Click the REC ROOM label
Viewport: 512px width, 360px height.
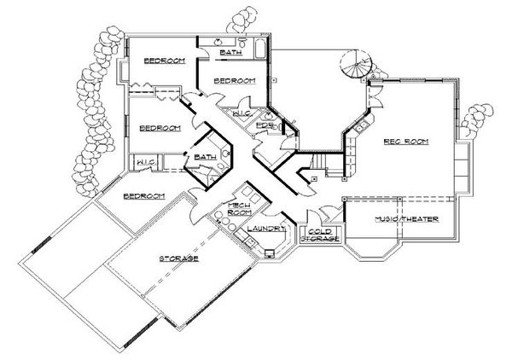tap(405, 141)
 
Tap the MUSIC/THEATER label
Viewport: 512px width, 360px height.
tap(407, 219)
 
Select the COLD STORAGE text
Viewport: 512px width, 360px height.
tap(321, 235)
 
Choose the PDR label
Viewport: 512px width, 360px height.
tap(265, 125)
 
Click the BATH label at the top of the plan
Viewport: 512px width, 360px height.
tap(230, 53)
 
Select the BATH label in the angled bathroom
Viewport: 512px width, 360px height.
tap(205, 157)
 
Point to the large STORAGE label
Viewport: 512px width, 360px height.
tap(178, 257)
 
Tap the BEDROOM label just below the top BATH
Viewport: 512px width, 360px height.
tap(235, 81)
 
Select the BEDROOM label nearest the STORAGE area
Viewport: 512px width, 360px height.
tap(143, 196)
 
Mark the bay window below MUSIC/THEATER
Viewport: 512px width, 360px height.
tap(376, 253)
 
